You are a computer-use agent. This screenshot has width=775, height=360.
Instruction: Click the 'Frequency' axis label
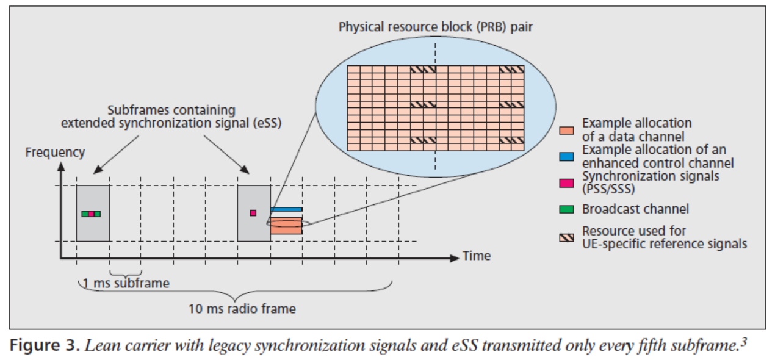(55, 152)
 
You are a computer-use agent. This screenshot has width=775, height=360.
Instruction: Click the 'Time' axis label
(476, 256)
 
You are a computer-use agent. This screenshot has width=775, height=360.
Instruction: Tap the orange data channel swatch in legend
(566, 131)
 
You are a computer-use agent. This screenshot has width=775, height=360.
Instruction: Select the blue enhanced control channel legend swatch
(566, 157)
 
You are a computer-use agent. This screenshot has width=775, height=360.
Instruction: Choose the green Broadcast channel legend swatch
(566, 209)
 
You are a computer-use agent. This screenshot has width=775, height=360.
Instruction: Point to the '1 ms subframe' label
(126, 283)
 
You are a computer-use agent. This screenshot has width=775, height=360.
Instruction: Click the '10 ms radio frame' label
(242, 309)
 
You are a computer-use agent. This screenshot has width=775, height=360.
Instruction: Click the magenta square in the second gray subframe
(253, 212)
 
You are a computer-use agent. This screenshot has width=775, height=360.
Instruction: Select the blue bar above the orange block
(286, 209)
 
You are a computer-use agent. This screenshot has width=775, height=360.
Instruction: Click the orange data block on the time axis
(286, 226)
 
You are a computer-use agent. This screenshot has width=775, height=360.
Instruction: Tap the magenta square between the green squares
(91, 214)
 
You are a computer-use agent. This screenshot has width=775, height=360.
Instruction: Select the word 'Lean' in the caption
(98, 345)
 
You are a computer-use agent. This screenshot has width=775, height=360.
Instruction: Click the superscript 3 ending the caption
(744, 342)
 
